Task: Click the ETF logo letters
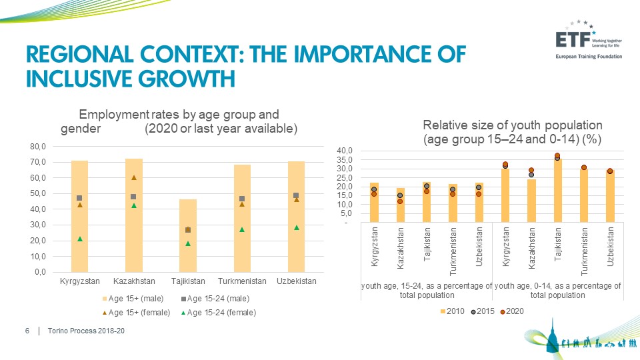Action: (573, 40)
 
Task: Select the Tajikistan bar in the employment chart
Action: (188, 235)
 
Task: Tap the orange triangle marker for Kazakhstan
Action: (134, 177)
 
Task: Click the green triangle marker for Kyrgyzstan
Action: (80, 239)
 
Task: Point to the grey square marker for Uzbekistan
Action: (296, 195)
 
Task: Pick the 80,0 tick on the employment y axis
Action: (37, 146)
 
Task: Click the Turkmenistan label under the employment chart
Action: (242, 281)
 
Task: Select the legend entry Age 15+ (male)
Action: (133, 299)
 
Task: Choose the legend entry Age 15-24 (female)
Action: (219, 313)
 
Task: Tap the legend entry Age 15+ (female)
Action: (136, 313)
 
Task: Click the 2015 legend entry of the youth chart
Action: (483, 311)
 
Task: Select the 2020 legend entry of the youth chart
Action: (512, 311)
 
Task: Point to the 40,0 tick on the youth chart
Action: (345, 151)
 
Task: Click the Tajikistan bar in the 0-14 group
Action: (557, 190)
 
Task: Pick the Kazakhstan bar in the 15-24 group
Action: (401, 205)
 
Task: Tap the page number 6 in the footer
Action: (27, 331)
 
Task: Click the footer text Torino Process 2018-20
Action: (86, 331)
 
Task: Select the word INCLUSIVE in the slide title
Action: (79, 79)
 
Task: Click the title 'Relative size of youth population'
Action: (513, 125)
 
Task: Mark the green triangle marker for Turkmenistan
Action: (242, 229)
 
